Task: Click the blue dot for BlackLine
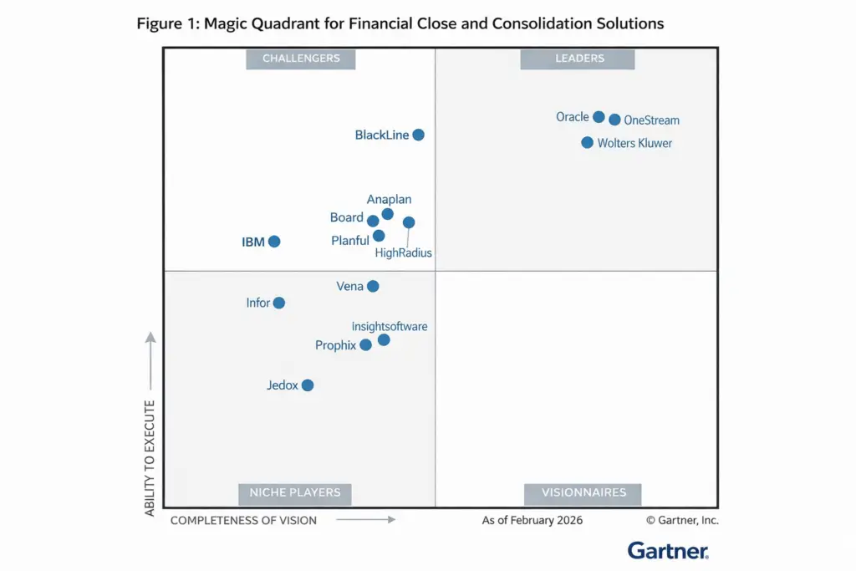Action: point(418,135)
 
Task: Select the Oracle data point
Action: point(599,117)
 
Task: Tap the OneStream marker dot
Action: point(614,120)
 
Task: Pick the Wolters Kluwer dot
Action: point(588,142)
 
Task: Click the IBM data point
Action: point(274,242)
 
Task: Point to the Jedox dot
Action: point(308,385)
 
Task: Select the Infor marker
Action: point(279,303)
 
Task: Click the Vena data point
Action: point(373,286)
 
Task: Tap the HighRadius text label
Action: point(404,252)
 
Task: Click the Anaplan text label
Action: point(389,200)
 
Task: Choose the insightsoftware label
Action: point(390,326)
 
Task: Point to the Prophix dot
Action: point(365,344)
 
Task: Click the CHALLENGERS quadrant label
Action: point(301,59)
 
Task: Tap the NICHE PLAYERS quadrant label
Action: point(295,492)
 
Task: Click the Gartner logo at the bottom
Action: point(668,550)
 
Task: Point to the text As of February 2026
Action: point(532,520)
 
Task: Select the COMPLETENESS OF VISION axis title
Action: point(243,520)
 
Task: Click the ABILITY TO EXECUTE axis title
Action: point(150,457)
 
